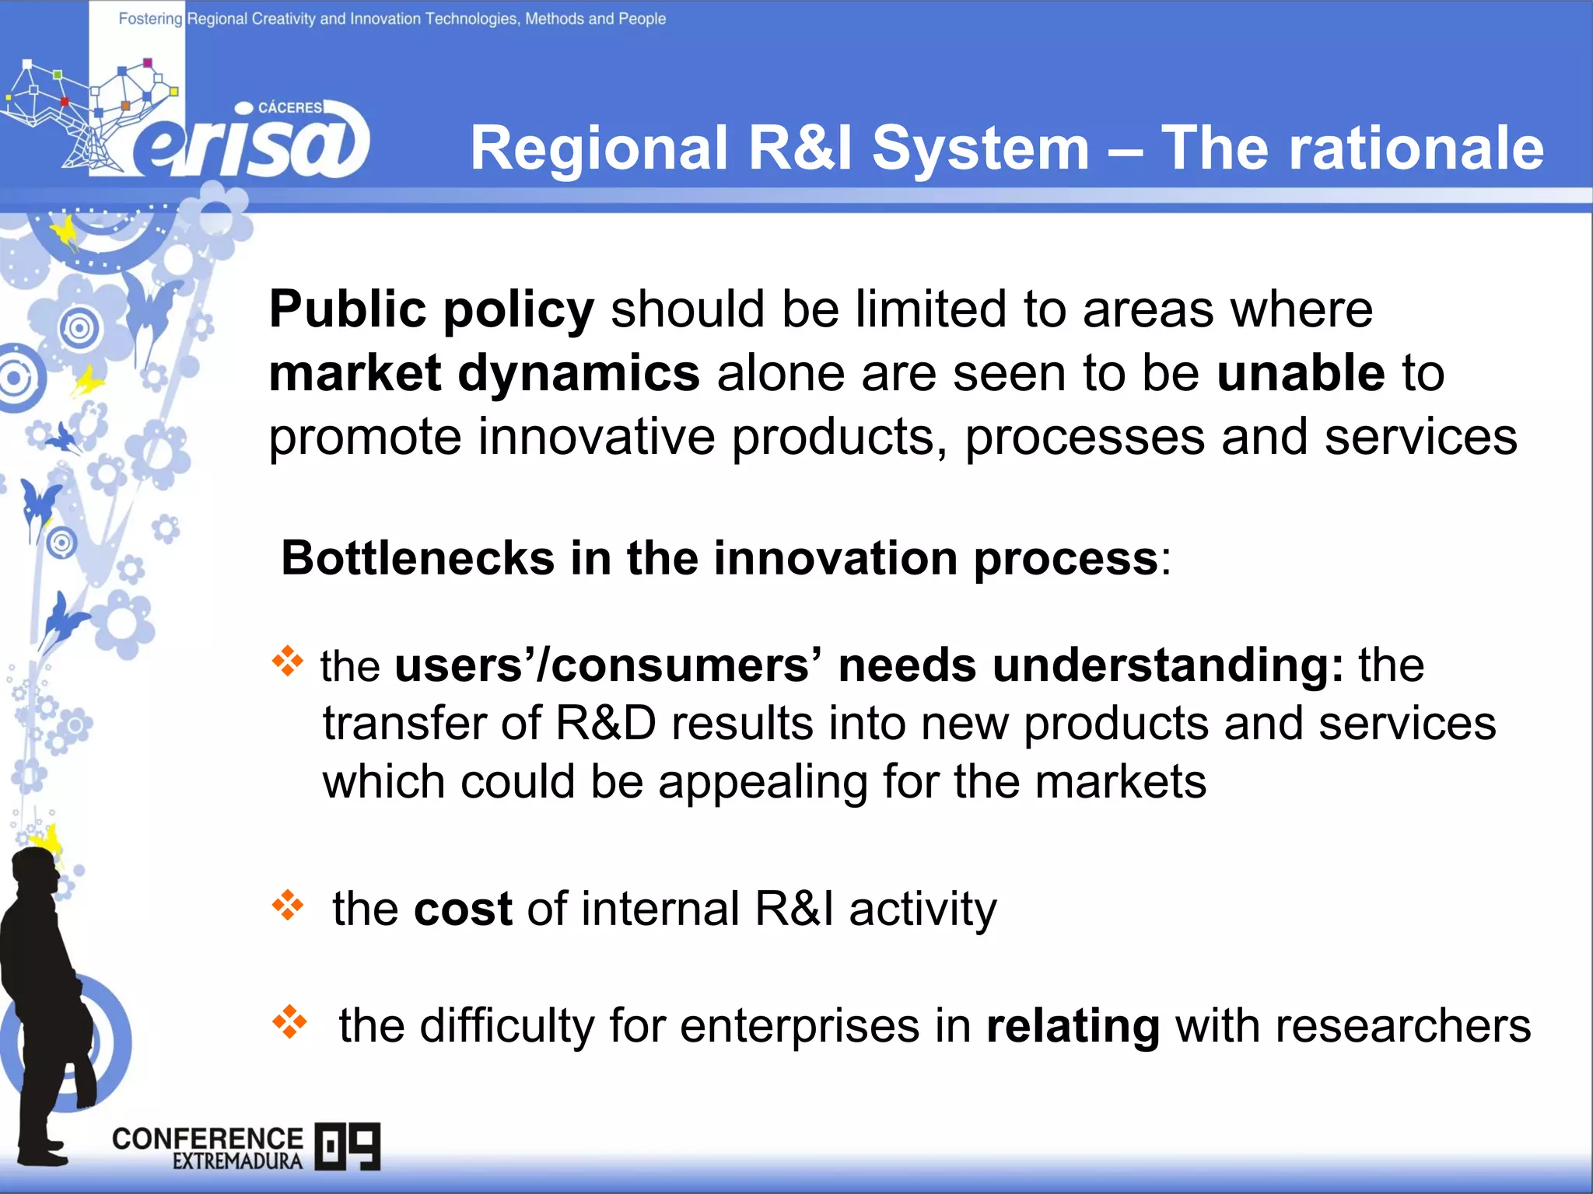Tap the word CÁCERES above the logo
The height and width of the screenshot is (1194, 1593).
tap(289, 107)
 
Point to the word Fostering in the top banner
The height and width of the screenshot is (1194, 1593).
tap(149, 19)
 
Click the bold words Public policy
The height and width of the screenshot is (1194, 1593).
tap(431, 309)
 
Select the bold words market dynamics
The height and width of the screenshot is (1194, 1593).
tap(484, 373)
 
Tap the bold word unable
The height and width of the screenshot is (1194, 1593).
tap(1301, 373)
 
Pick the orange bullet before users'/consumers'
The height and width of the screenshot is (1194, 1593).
tap(288, 661)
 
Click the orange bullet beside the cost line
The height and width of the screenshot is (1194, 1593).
tap(288, 905)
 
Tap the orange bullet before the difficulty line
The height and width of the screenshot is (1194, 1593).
tap(289, 1021)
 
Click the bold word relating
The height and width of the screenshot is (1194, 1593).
tap(1073, 1026)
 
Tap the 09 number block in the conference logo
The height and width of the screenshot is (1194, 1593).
tap(348, 1146)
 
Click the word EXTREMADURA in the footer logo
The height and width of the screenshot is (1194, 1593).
tap(237, 1161)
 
